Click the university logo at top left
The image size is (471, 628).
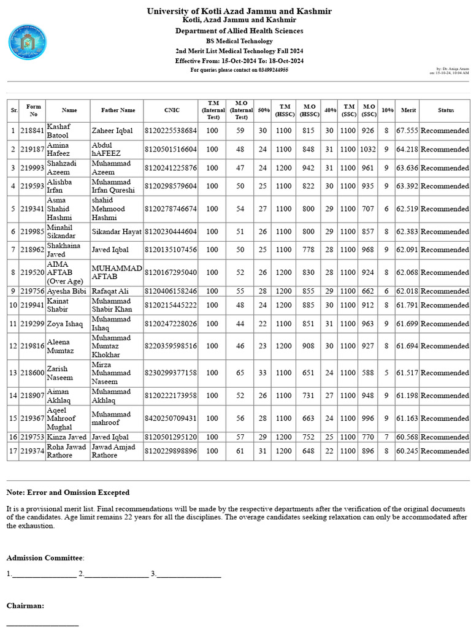[x=27, y=42]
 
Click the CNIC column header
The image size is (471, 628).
[x=172, y=110]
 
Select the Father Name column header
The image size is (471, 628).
[x=117, y=110]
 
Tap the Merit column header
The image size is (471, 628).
[x=408, y=110]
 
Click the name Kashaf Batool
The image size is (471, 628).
[x=58, y=131]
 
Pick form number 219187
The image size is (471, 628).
[x=33, y=149]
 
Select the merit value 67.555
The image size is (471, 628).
[x=407, y=131]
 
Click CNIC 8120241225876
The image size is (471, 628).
[x=171, y=167]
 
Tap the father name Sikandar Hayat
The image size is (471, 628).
[x=117, y=232]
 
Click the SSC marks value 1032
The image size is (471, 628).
[x=368, y=149]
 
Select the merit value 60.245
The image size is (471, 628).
[x=407, y=451]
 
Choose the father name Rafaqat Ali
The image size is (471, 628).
[x=110, y=291]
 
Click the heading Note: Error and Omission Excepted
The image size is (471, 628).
[x=68, y=492]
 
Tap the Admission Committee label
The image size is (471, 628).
[x=45, y=557]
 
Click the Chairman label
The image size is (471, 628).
[x=25, y=605]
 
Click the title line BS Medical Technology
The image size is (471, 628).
[x=239, y=41]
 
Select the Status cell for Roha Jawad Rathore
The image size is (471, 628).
[x=445, y=451]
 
